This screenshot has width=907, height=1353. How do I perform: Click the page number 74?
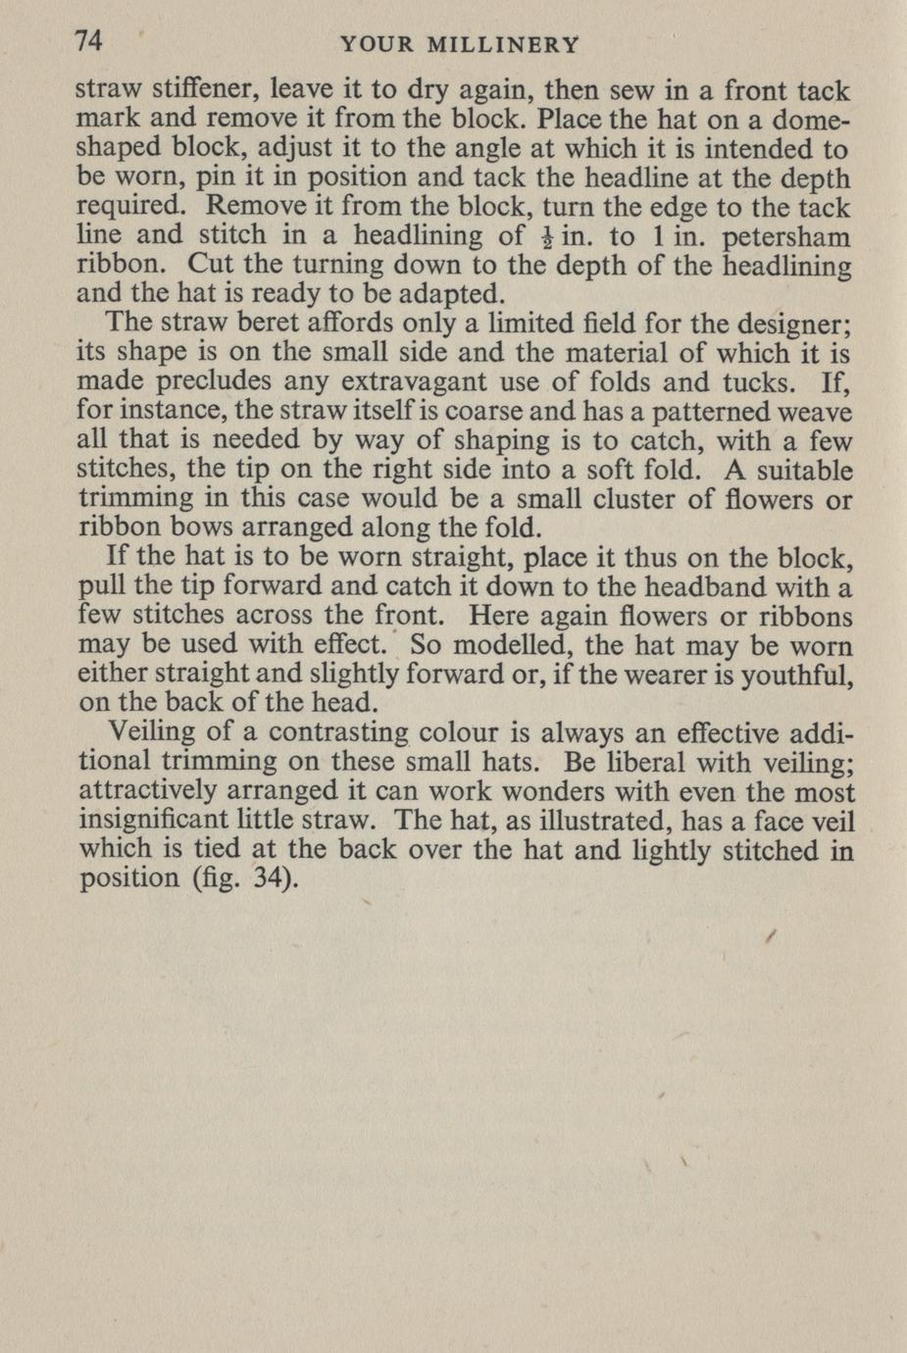pyautogui.click(x=89, y=41)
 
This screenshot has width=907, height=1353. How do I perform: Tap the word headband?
pyautogui.click(x=698, y=588)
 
